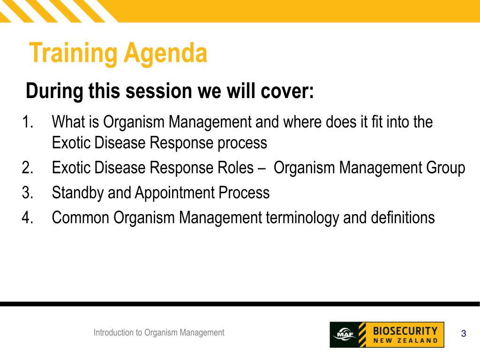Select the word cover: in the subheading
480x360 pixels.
pos(287,91)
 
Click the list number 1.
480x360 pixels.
pos(28,121)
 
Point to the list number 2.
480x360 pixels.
pos(28,168)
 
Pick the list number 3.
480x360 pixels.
pos(28,193)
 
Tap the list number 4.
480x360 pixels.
pos(28,217)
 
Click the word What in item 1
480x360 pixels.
pos(68,121)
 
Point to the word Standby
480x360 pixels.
pos(78,193)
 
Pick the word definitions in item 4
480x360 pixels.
pos(403,217)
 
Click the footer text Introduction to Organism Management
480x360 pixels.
pos(159,333)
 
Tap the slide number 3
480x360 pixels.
pos(464,333)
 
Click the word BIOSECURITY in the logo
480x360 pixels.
pos(405,331)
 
